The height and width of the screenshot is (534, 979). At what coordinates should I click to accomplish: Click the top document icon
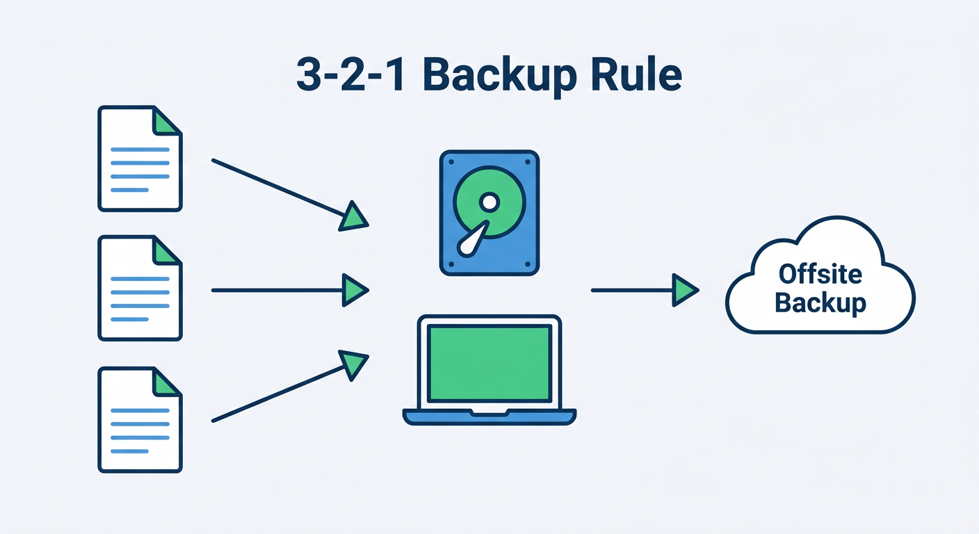coord(140,159)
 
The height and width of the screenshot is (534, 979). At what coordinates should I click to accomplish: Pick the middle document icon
coord(140,288)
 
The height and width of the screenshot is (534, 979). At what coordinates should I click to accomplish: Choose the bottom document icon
coord(140,420)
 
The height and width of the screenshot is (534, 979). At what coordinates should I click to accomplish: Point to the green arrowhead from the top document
coord(353,217)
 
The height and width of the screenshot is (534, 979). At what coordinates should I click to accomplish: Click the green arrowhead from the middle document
coord(354,290)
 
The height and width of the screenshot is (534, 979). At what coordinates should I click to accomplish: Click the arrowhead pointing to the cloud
coord(684,290)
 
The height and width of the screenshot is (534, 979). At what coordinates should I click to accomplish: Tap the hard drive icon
coord(489,213)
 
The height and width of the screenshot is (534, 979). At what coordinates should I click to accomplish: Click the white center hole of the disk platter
coord(489,202)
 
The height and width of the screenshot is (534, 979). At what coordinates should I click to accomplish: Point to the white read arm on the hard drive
coord(473,239)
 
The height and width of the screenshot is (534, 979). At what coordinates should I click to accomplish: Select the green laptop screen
coord(489,363)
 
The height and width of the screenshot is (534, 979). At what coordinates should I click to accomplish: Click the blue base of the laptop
coord(489,416)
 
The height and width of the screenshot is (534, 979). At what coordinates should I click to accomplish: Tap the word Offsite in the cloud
coord(820,274)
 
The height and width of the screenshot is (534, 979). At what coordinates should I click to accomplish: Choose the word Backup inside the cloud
coord(820,303)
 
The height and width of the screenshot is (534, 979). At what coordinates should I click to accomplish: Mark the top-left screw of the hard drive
coord(450,161)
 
